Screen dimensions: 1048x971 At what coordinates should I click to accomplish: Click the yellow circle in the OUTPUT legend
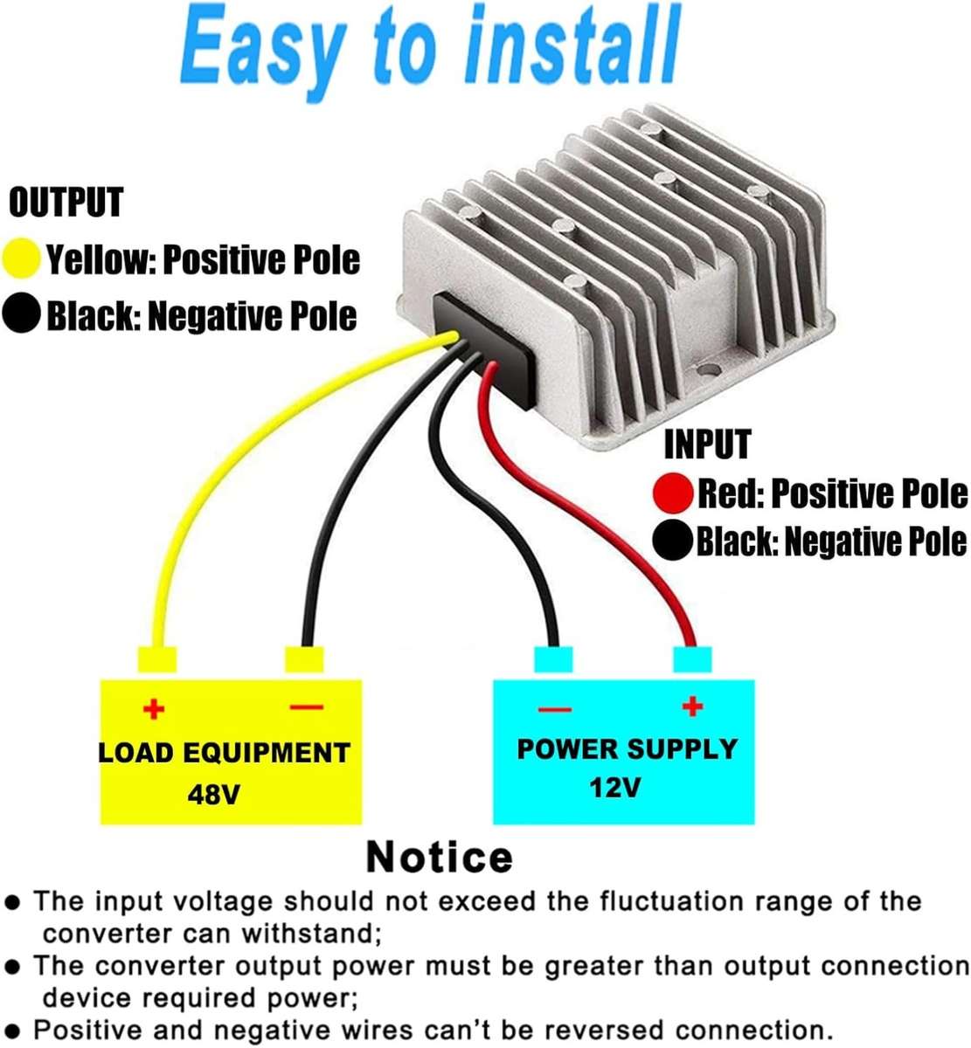(x=22, y=259)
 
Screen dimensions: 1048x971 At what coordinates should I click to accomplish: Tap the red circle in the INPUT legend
(x=674, y=493)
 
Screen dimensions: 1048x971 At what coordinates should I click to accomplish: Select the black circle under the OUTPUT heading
(x=22, y=314)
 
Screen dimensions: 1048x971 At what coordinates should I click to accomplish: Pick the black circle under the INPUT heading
(x=674, y=541)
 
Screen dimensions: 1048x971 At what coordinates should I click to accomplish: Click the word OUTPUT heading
(x=66, y=202)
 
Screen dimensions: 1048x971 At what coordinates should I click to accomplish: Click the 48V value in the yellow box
(x=214, y=795)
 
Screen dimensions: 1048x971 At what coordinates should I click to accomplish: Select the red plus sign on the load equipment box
(x=154, y=708)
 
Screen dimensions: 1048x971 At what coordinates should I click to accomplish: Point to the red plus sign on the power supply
(x=692, y=705)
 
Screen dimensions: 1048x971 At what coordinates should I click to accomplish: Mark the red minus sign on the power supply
(x=555, y=708)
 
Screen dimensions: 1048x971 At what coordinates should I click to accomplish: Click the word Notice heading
(x=439, y=857)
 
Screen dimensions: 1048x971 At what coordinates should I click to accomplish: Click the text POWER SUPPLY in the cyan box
(x=627, y=749)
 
